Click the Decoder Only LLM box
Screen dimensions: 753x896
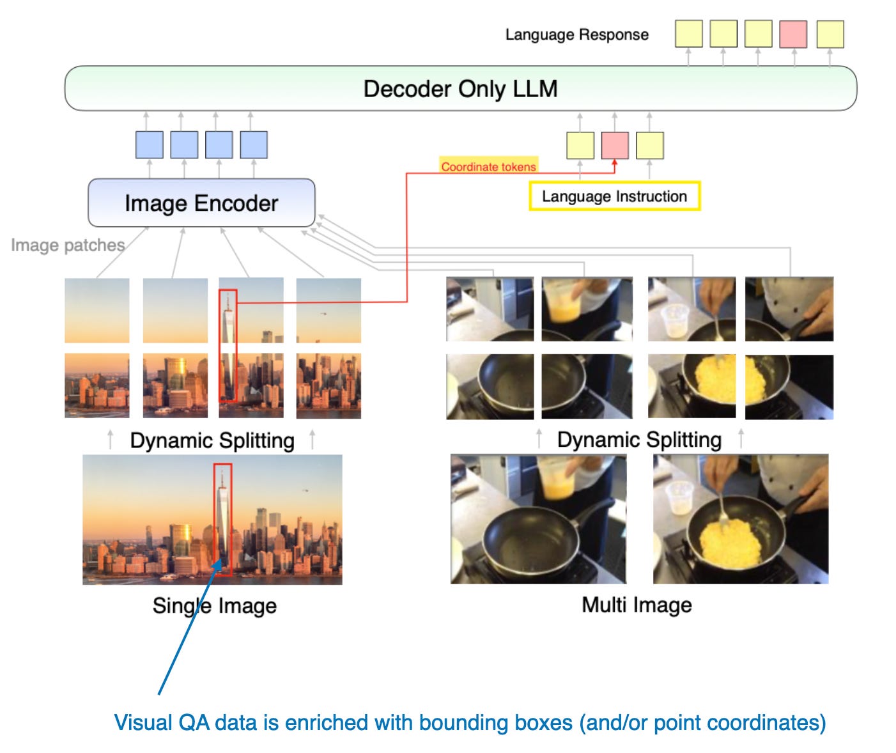[x=460, y=88]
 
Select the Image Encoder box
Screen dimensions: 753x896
[x=201, y=203]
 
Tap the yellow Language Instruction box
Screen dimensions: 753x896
[x=614, y=196]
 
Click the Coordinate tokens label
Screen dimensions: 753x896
[x=488, y=166]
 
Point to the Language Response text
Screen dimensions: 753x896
[x=576, y=35]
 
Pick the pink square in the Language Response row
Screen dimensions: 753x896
[x=792, y=34]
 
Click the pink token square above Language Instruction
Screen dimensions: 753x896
[x=614, y=145]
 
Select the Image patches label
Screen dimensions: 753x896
[x=67, y=245]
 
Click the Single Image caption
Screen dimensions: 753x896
[x=214, y=605]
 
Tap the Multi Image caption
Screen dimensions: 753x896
[x=637, y=605]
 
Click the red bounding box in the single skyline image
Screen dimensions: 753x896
[x=222, y=519]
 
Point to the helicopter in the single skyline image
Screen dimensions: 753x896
[x=305, y=490]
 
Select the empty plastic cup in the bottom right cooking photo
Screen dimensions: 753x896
[x=679, y=497]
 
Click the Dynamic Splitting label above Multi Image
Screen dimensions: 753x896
[x=639, y=439]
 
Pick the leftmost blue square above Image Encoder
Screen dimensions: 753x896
[x=149, y=145]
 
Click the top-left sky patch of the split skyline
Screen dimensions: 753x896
[x=97, y=310]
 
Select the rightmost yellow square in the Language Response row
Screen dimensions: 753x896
[x=830, y=34]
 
